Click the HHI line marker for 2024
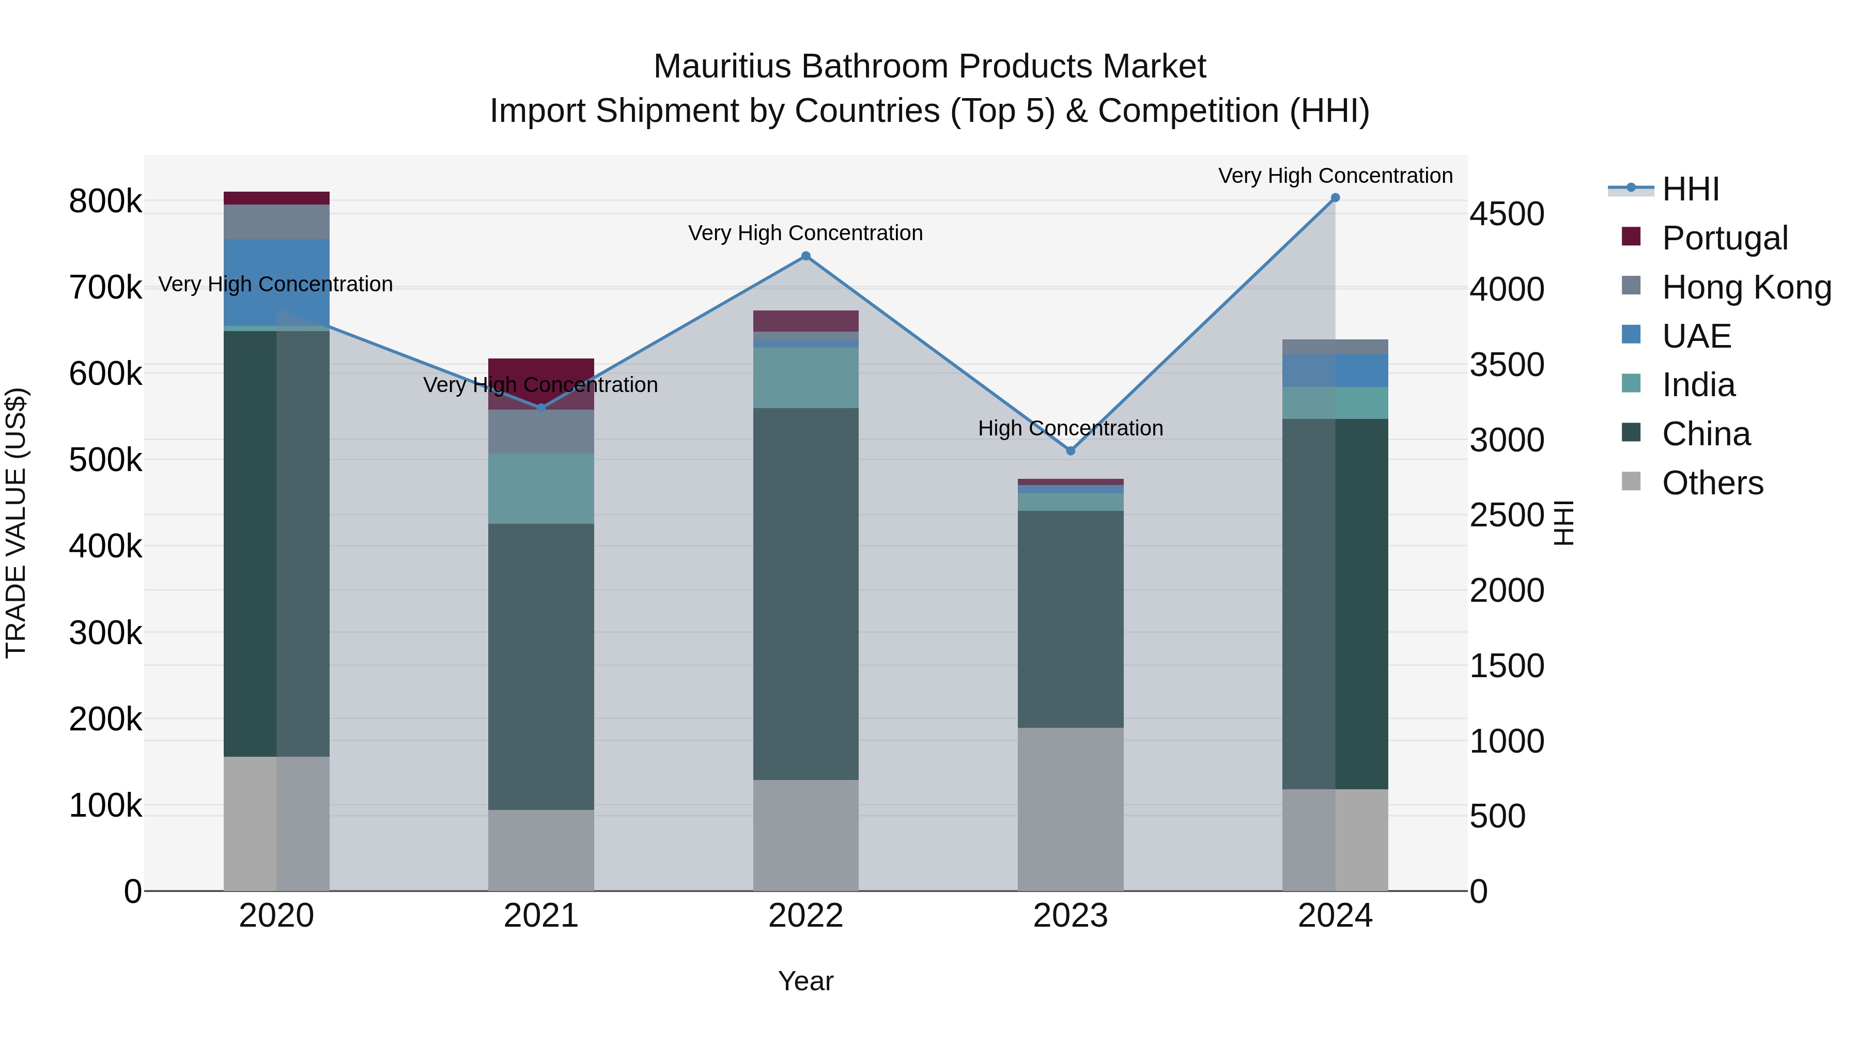tap(1335, 198)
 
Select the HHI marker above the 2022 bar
tap(806, 256)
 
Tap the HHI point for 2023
tap(1070, 450)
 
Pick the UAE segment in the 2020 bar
tap(276, 282)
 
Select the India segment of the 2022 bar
tap(806, 378)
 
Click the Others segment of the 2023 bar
tap(1070, 808)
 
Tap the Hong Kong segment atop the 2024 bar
tap(1335, 347)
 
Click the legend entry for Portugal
tap(1724, 238)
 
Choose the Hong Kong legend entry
tap(1746, 287)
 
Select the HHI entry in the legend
tap(1690, 189)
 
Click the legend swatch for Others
tap(1631, 481)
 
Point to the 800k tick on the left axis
tap(105, 201)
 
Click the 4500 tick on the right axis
tap(1507, 214)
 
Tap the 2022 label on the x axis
tap(806, 915)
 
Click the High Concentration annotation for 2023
tap(1070, 428)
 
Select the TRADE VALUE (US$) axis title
tap(16, 523)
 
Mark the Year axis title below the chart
tap(806, 981)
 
